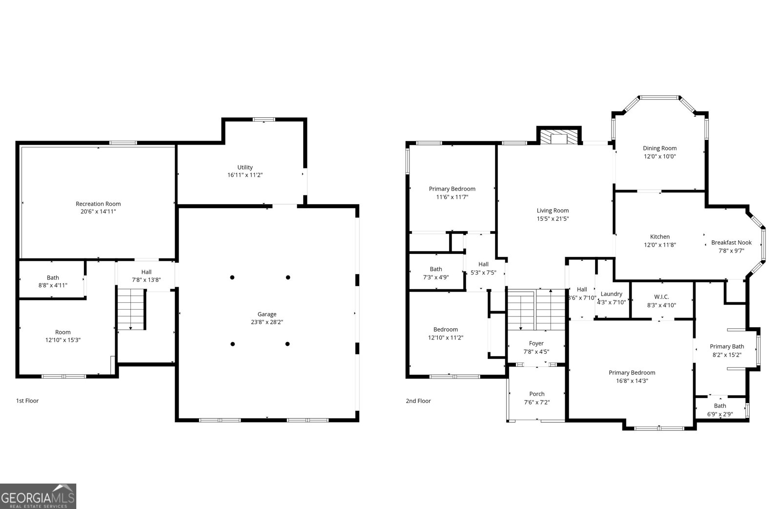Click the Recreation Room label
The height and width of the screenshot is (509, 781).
click(98, 204)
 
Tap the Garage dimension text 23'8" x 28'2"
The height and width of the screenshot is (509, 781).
click(267, 322)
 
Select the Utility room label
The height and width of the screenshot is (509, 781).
click(245, 167)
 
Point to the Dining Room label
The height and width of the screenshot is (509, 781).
click(659, 148)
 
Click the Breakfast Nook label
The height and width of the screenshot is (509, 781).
click(731, 242)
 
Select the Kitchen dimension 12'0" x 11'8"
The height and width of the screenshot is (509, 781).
click(660, 245)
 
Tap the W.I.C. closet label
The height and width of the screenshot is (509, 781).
click(661, 297)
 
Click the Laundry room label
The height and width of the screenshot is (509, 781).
click(611, 294)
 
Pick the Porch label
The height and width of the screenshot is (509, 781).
click(537, 394)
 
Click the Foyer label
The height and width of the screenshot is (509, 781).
click(536, 343)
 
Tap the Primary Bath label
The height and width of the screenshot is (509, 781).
click(727, 346)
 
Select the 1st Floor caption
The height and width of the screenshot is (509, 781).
click(27, 401)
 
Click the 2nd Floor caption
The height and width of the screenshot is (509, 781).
click(418, 401)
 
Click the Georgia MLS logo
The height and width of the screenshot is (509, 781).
click(38, 496)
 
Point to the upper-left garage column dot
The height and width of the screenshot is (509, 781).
click(232, 277)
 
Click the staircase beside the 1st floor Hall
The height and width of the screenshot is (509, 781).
click(131, 309)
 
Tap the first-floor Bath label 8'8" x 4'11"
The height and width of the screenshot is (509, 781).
click(53, 277)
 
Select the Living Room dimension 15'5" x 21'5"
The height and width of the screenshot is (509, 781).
click(553, 219)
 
